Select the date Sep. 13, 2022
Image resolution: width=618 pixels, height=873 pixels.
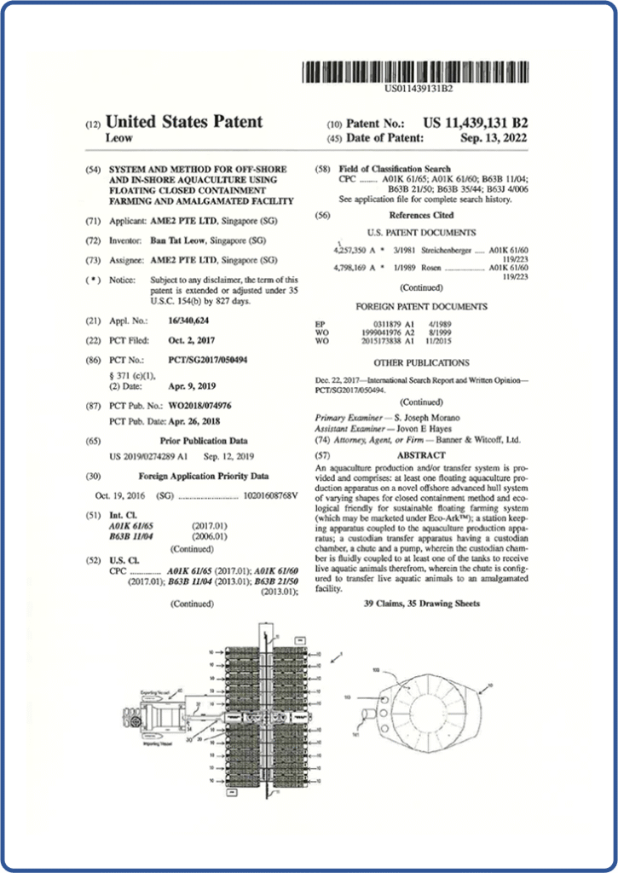pyautogui.click(x=494, y=137)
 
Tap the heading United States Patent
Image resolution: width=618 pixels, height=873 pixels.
pyautogui.click(x=183, y=122)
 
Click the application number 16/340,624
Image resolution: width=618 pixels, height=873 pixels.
pyautogui.click(x=177, y=321)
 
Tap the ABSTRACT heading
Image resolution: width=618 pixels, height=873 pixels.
pyautogui.click(x=422, y=455)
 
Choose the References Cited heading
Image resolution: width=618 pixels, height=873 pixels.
pyautogui.click(x=421, y=216)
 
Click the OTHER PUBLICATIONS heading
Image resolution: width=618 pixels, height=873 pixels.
pyautogui.click(x=421, y=362)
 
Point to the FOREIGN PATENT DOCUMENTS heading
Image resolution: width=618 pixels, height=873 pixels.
pyautogui.click(x=421, y=306)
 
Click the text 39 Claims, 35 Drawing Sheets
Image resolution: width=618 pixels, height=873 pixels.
pyautogui.click(x=421, y=604)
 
